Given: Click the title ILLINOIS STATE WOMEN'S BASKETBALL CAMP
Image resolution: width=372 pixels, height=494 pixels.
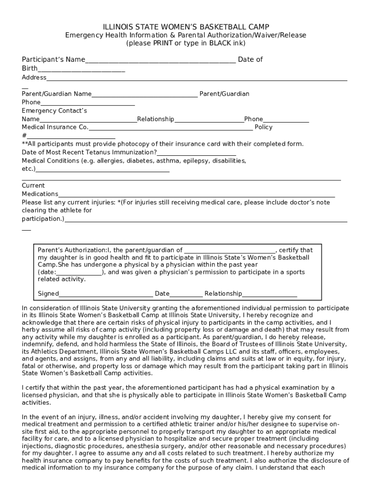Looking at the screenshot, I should pyautogui.click(x=186, y=27).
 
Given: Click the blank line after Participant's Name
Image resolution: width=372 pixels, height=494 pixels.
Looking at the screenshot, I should pyautogui.click(x=160, y=60).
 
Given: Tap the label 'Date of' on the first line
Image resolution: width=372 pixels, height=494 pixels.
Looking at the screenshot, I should pyautogui.click(x=250, y=59).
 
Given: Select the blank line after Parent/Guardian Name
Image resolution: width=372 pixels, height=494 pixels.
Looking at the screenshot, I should pyautogui.click(x=144, y=95).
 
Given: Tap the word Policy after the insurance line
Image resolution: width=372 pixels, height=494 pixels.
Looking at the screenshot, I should pyautogui.click(x=263, y=127).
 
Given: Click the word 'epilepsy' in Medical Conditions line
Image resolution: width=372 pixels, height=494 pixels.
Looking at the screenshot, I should pyautogui.click(x=196, y=161).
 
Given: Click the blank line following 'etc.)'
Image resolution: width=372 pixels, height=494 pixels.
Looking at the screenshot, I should pyautogui.click(x=102, y=170).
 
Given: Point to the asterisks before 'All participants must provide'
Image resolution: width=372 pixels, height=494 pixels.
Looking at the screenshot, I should pyautogui.click(x=25, y=144).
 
